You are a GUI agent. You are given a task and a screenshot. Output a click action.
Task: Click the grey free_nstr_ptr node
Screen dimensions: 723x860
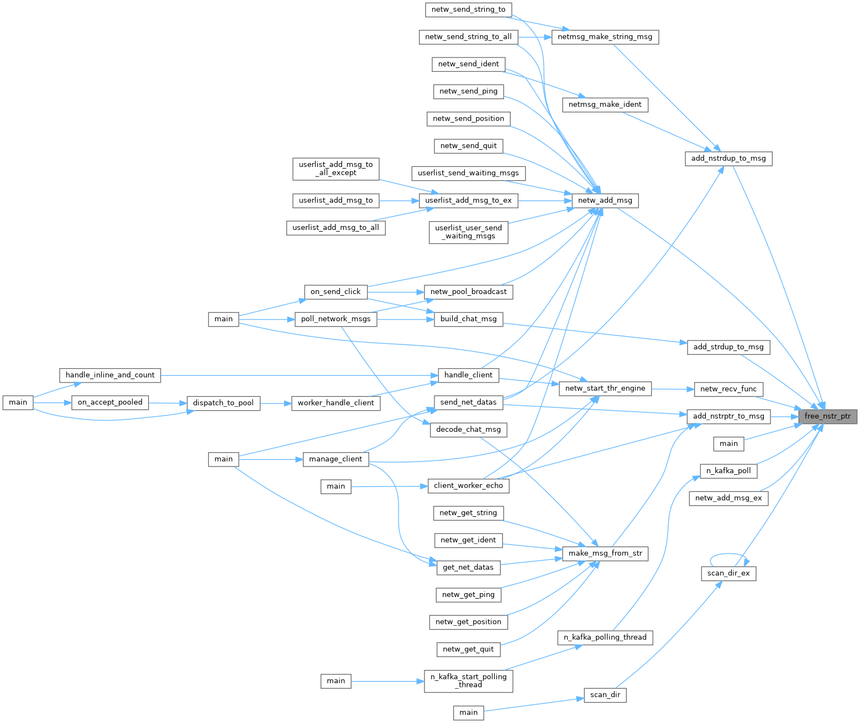pos(827,416)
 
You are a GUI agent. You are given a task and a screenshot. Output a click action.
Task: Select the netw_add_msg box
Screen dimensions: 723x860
pos(605,201)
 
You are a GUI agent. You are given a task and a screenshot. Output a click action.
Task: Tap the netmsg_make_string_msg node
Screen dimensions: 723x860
pos(605,37)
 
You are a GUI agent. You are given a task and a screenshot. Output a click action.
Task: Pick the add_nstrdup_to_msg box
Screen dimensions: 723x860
pos(728,159)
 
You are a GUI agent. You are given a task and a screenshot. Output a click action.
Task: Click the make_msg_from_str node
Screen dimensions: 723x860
pos(605,553)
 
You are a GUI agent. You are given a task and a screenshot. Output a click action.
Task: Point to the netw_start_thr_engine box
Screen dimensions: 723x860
pos(605,389)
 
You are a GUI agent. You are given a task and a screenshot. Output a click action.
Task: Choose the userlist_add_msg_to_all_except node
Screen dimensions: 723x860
pos(335,169)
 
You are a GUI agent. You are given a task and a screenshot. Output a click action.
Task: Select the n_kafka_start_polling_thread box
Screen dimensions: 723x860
pos(468,680)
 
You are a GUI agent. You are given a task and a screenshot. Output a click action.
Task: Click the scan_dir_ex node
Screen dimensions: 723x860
pos(728,573)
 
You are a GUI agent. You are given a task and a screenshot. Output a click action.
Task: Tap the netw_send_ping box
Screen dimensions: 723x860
pos(468,91)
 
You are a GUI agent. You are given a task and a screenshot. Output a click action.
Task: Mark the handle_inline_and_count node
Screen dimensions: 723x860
pos(110,375)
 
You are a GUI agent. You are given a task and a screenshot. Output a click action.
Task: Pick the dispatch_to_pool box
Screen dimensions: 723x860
pos(223,403)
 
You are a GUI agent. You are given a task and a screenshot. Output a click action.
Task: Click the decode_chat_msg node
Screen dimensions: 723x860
pos(468,429)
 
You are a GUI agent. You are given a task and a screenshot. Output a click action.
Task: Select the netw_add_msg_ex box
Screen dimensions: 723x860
pos(728,498)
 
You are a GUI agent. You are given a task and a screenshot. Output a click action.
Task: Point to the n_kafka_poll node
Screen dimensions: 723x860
pos(728,471)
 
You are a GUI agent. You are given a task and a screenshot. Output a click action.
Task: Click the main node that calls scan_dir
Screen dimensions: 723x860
pos(468,712)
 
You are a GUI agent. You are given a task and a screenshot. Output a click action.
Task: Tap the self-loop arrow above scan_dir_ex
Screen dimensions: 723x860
pos(730,554)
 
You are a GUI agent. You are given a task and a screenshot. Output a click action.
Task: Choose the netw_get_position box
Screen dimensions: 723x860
pos(468,622)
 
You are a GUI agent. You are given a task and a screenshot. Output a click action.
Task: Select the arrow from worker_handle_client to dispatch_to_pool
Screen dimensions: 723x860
pos(276,403)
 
